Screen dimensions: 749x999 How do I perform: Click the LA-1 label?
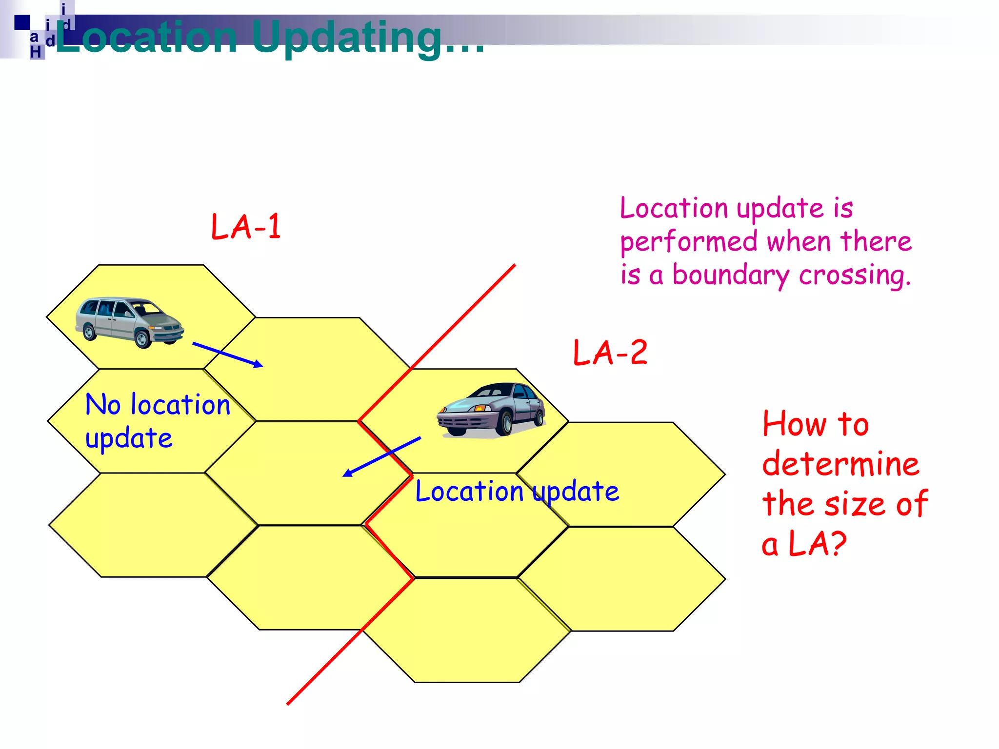click(x=246, y=227)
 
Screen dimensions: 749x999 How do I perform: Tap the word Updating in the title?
click(x=347, y=38)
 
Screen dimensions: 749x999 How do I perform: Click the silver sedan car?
click(x=492, y=409)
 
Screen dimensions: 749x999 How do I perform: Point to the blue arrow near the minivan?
click(x=227, y=355)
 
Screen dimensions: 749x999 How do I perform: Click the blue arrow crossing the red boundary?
click(x=381, y=456)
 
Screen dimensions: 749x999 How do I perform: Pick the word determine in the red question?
click(x=840, y=464)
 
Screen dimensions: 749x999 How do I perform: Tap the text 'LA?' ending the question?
click(x=817, y=544)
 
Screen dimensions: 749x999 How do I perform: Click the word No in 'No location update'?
click(x=103, y=405)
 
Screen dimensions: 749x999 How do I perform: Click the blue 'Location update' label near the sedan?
click(x=517, y=491)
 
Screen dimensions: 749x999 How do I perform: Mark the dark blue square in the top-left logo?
click(x=21, y=22)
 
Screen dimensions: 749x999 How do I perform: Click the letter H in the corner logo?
click(x=36, y=52)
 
